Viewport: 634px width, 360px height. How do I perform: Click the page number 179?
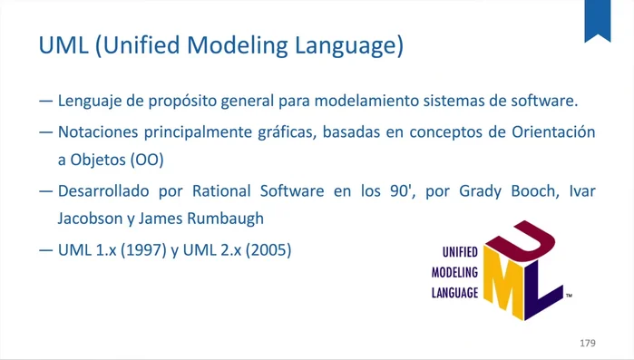point(587,344)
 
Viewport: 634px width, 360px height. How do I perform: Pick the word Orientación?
point(551,131)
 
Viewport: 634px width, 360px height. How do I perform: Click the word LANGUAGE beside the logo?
point(454,293)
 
